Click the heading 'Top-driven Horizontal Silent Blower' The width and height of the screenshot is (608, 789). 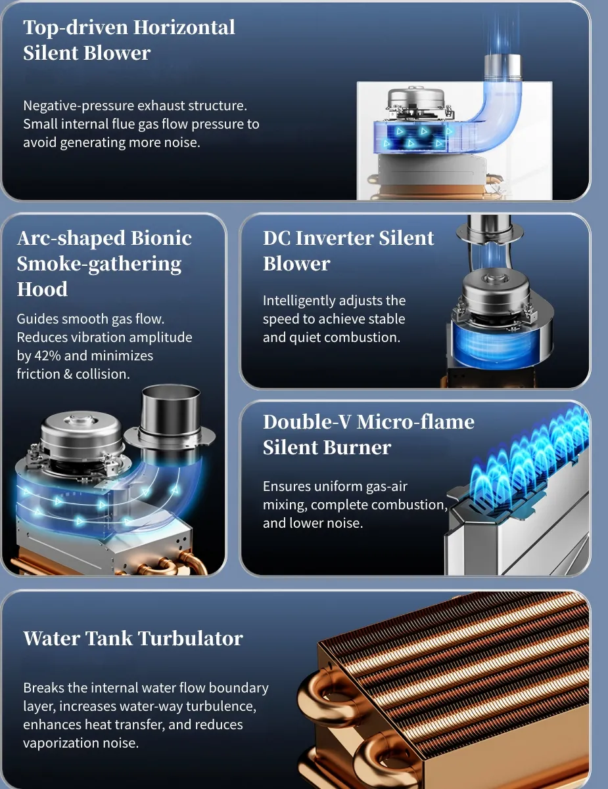pos(129,40)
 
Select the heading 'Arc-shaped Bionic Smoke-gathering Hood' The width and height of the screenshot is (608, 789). pos(105,263)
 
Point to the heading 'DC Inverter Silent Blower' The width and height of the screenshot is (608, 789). pos(348,251)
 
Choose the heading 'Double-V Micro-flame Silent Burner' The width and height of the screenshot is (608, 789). pos(369,435)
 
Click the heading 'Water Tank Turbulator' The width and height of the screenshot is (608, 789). pos(133,638)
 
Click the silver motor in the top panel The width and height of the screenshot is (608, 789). pos(417,103)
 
